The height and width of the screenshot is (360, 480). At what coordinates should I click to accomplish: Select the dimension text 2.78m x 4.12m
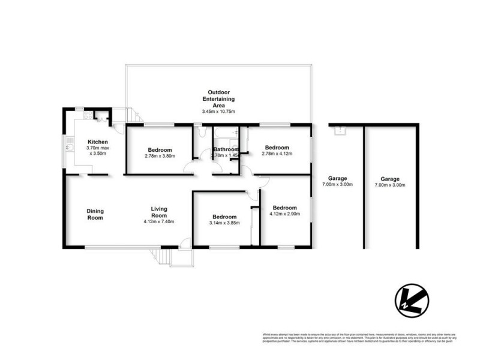277,154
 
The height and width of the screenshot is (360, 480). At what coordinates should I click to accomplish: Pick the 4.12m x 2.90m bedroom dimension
284,214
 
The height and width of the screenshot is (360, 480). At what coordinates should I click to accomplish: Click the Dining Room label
95,214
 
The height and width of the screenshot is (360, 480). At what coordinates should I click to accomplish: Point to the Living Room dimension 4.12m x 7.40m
158,222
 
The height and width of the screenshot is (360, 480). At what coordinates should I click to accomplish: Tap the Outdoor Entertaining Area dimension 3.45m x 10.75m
218,112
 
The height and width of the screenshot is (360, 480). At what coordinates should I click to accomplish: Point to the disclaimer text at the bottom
356,338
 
